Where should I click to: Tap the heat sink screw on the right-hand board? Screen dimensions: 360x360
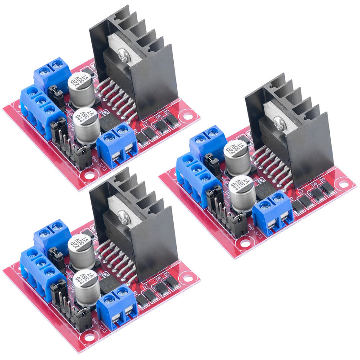point(279,121)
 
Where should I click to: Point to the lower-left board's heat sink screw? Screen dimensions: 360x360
point(123,218)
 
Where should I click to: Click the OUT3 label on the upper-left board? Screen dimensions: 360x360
point(100,171)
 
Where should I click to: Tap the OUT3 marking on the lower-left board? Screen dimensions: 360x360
point(100,333)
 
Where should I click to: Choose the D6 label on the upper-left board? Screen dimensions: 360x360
point(158,115)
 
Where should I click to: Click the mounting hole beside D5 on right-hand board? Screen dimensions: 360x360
point(343,184)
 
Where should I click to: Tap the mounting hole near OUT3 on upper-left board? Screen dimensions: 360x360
point(89,176)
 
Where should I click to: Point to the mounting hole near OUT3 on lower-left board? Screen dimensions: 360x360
point(89,338)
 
